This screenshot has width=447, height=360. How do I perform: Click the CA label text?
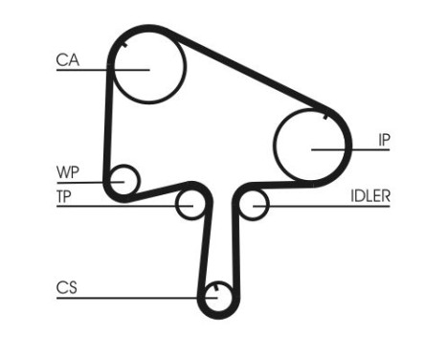pyautogui.click(x=66, y=59)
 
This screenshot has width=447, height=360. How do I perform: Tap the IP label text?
pyautogui.click(x=384, y=140)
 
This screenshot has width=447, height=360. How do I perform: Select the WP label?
pyautogui.click(x=66, y=172)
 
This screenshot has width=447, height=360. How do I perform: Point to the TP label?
pyautogui.click(x=65, y=196)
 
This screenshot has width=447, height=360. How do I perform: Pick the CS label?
pyautogui.click(x=66, y=286)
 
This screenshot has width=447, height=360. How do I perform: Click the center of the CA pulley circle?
pyautogui.click(x=148, y=70)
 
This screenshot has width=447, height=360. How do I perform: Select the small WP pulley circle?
pyautogui.click(x=123, y=179)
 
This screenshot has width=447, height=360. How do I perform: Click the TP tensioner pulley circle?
pyautogui.click(x=190, y=204)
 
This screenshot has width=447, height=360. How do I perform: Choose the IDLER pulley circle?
pyautogui.click(x=253, y=204)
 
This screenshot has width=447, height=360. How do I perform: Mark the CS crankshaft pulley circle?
pyautogui.click(x=218, y=297)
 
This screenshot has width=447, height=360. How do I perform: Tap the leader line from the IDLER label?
pyautogui.click(x=325, y=204)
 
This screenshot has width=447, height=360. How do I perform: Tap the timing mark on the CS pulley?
pyautogui.click(x=218, y=285)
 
